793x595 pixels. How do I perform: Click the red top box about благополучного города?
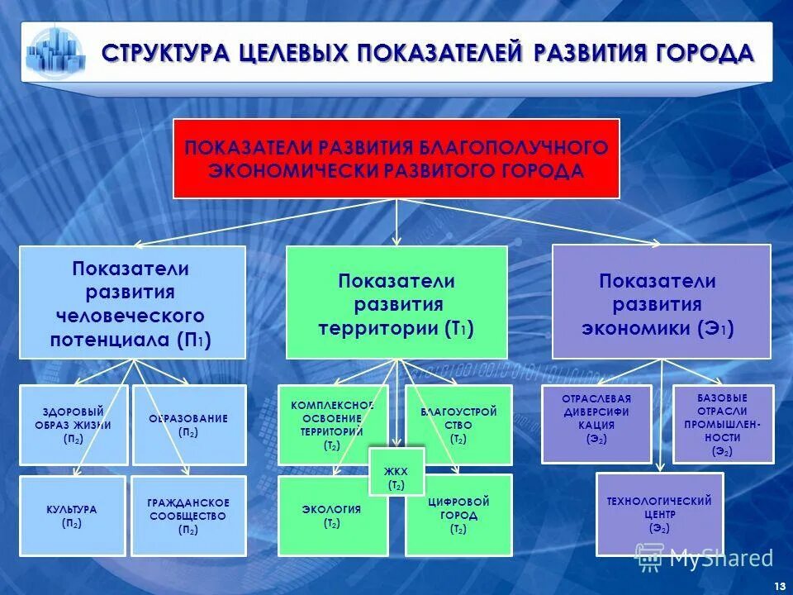[396, 159]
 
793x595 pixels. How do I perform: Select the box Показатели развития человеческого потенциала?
[132, 302]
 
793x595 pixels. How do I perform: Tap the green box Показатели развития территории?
[396, 302]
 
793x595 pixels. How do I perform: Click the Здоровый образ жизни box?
[74, 425]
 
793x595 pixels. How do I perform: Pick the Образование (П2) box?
[189, 425]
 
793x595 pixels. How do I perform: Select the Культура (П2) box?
[73, 516]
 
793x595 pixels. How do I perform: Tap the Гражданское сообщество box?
[189, 516]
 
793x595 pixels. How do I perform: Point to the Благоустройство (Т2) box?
[459, 425]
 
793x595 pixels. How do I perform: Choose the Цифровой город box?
[459, 516]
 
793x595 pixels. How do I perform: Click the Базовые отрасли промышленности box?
[724, 423]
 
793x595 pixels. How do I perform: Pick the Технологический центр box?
[659, 514]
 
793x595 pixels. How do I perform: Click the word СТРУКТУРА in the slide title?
[164, 54]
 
